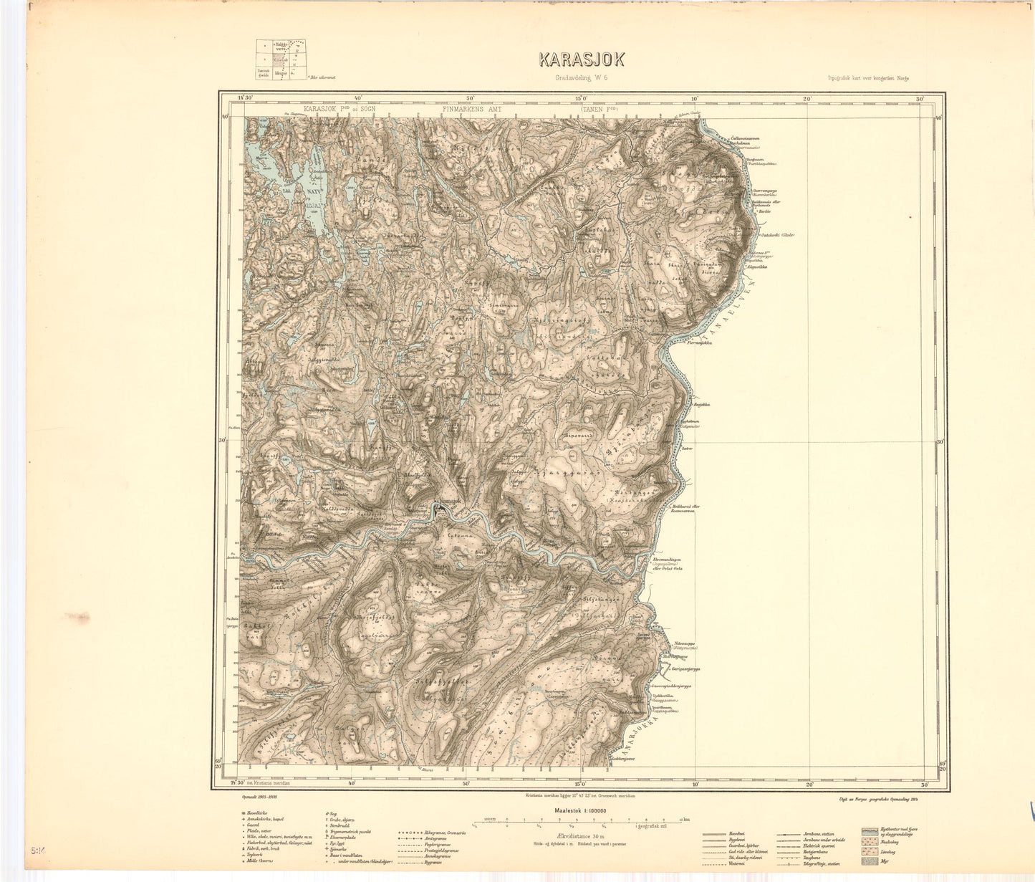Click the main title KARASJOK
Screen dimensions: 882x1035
(581, 60)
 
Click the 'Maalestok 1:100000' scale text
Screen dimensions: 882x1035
(580, 810)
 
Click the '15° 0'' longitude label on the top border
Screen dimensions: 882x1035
(581, 98)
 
